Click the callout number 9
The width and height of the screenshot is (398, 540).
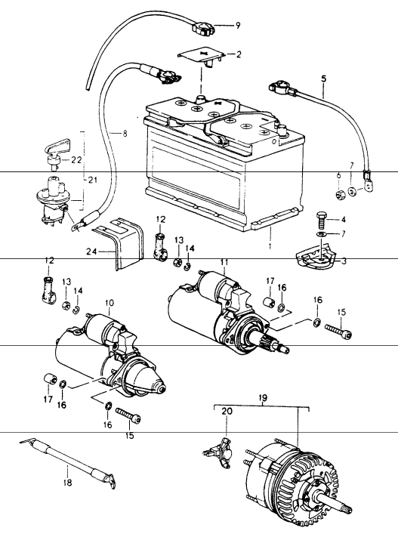click(238, 26)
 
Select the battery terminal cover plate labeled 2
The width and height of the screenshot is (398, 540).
click(202, 55)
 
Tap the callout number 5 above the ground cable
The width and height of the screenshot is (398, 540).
click(323, 79)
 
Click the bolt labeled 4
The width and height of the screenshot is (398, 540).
click(320, 219)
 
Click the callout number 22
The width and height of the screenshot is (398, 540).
click(76, 160)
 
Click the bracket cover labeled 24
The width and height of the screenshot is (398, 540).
click(119, 242)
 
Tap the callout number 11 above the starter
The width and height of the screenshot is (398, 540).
click(224, 262)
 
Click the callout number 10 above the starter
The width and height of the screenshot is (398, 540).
click(110, 303)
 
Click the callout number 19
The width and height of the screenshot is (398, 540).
click(262, 398)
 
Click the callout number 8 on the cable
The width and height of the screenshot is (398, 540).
click(125, 133)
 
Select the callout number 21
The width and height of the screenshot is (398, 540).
click(93, 180)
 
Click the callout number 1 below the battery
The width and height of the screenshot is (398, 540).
click(270, 246)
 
